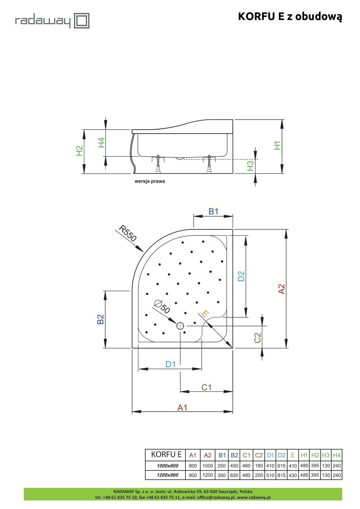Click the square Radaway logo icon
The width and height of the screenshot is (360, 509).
pos(82,21)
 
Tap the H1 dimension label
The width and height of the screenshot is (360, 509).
pos(277,146)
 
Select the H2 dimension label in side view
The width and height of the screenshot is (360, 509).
pos(80,151)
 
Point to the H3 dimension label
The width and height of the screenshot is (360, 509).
pos(250,166)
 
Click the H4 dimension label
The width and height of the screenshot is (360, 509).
pos(101,142)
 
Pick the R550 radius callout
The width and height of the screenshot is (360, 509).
pos(128,233)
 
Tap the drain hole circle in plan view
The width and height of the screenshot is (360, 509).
pos(180,326)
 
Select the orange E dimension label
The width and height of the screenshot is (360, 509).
pos(205,314)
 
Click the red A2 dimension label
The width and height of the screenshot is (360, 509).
pos(281,289)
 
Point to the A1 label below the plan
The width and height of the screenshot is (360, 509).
pos(182,407)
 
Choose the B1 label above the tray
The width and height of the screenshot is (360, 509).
pos(214,212)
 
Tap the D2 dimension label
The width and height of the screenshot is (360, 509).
pos(241,276)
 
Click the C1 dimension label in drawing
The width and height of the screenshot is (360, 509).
pos(206,387)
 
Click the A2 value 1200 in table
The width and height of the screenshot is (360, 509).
pos(208,475)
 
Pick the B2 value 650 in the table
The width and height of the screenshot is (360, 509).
pos(234,475)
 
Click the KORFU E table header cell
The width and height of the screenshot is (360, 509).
pos(166,455)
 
